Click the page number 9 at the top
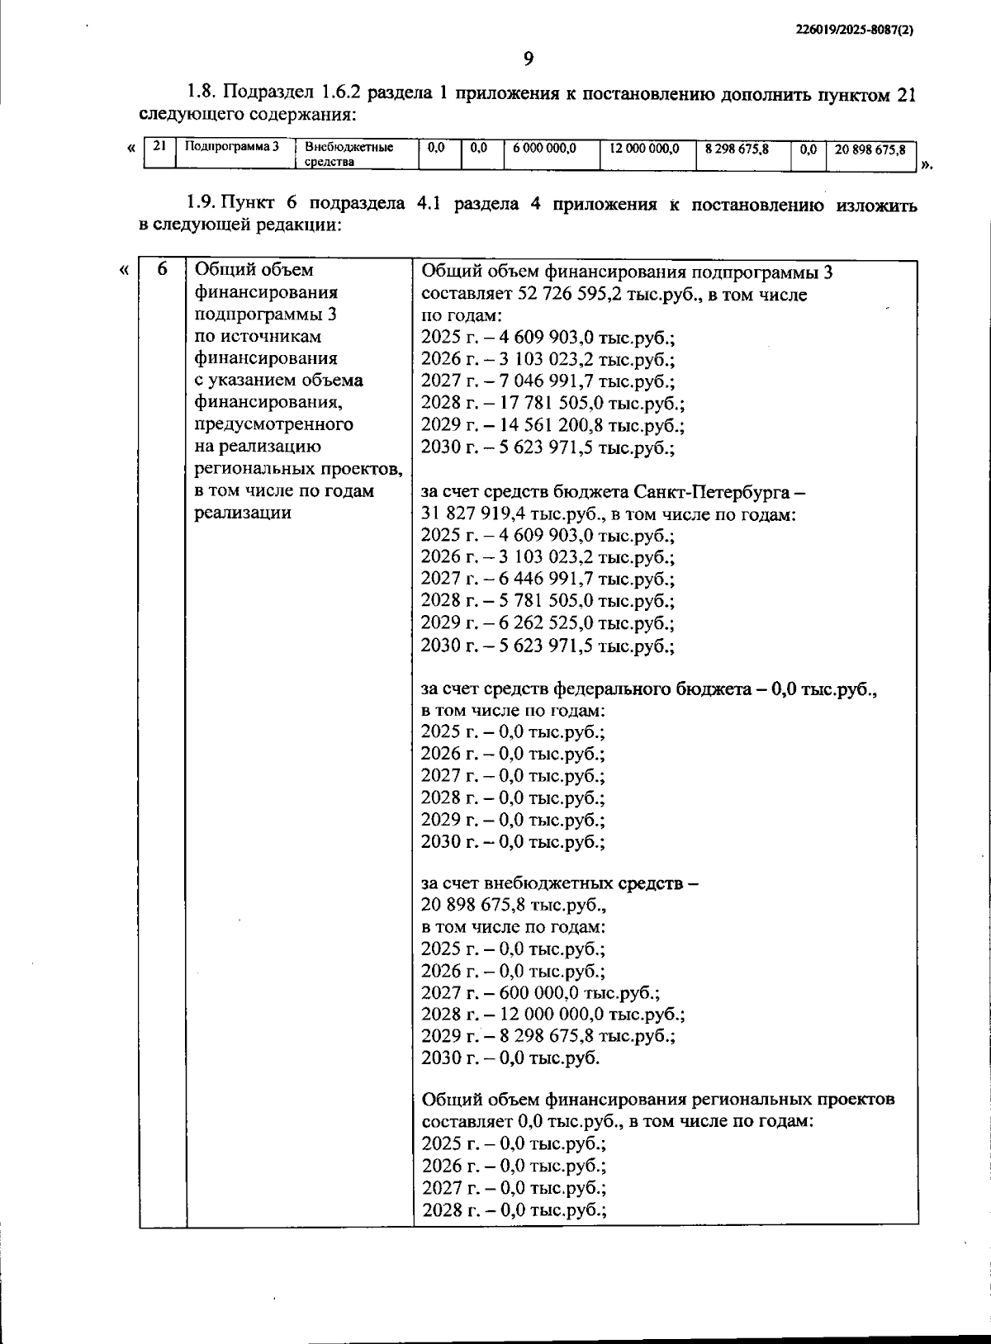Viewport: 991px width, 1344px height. coord(529,58)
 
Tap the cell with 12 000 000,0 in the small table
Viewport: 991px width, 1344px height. coord(644,149)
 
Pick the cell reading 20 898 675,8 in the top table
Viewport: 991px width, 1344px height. coord(870,150)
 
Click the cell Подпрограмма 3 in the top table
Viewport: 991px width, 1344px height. coord(232,147)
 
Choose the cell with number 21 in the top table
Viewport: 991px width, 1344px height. coord(159,146)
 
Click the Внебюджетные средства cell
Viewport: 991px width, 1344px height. coord(349,154)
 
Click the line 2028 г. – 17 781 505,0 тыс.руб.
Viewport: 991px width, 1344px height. coord(552,404)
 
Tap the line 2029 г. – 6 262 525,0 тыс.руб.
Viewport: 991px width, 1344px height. coord(547,623)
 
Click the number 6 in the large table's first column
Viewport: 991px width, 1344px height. coord(162,270)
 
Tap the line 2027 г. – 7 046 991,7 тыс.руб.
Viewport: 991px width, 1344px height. coord(548,381)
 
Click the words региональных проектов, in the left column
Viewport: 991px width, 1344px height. coord(298,469)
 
